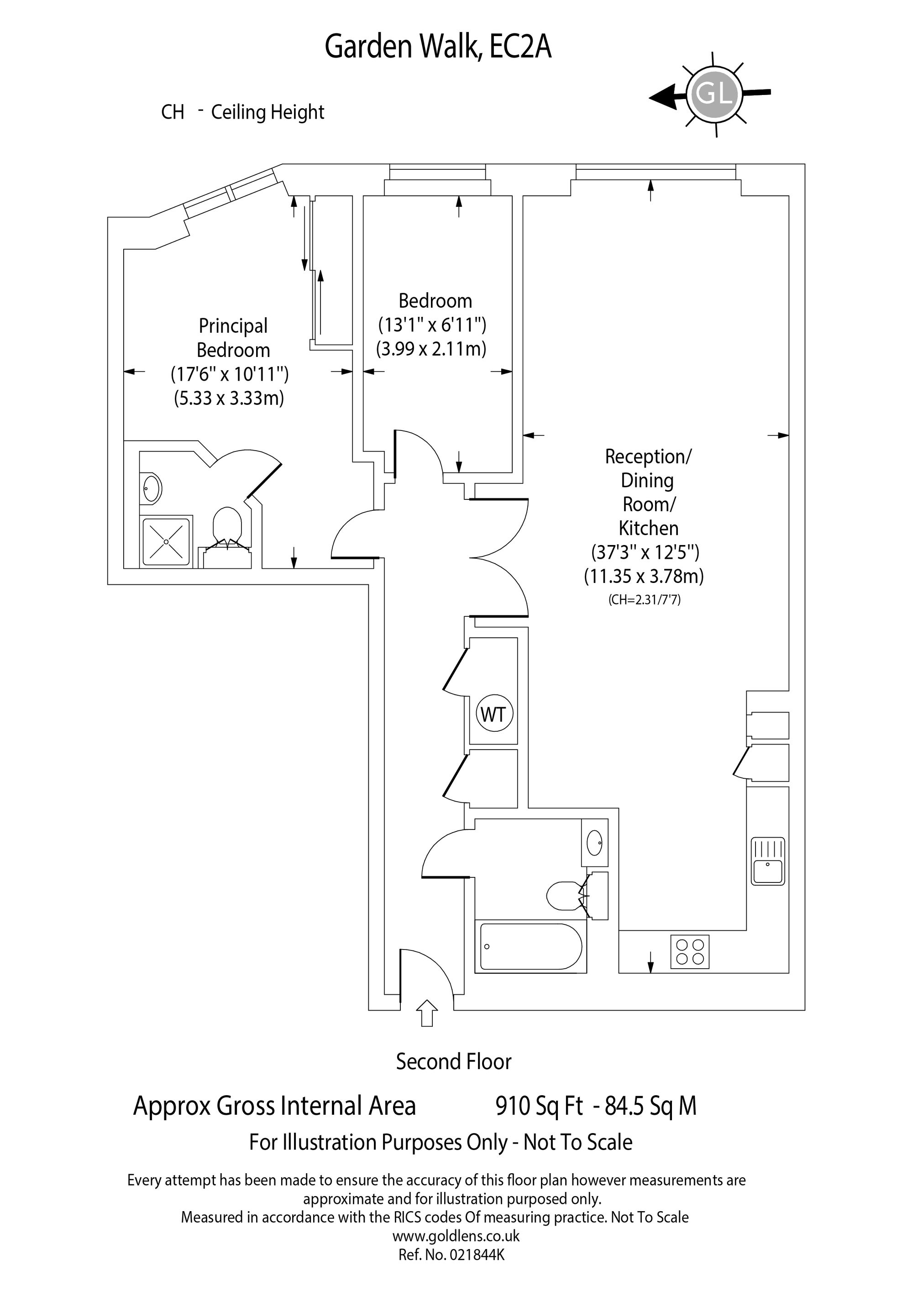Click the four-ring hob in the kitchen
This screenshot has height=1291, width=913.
tap(690, 952)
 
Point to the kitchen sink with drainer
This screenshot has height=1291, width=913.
tap(768, 861)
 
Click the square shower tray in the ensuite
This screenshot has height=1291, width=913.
tap(167, 541)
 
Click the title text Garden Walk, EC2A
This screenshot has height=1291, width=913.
tap(438, 47)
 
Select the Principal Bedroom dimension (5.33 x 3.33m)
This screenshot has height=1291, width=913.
tap(229, 398)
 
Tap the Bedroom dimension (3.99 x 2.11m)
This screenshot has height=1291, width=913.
tap(431, 349)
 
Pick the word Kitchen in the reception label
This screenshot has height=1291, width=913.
tap(649, 528)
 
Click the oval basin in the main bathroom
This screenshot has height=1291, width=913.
tap(595, 843)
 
